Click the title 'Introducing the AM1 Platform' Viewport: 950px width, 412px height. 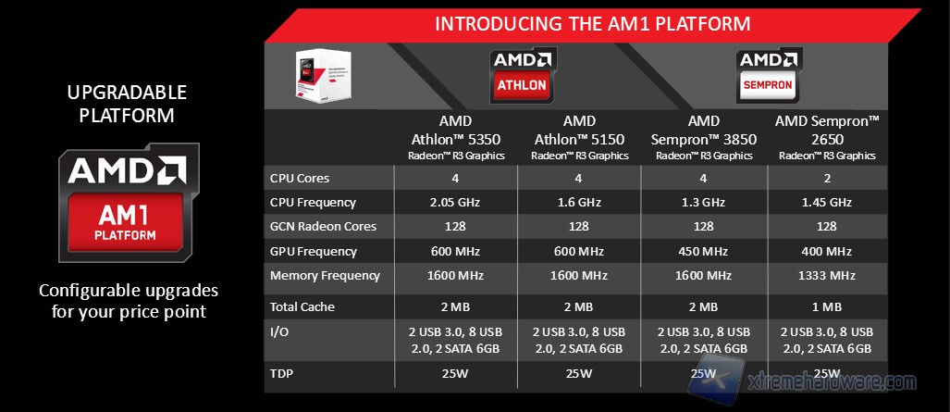pyautogui.click(x=593, y=24)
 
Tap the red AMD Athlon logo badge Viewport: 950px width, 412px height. pyautogui.click(x=523, y=75)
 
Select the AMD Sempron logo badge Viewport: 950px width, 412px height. pyautogui.click(x=769, y=75)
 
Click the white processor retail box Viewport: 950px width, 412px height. pyautogui.click(x=323, y=75)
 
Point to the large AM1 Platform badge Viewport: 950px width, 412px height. pyautogui.click(x=129, y=203)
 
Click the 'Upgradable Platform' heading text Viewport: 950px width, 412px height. pyautogui.click(x=128, y=104)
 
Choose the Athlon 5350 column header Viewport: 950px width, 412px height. pyautogui.click(x=456, y=138)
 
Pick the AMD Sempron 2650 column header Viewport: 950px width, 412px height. pyautogui.click(x=827, y=138)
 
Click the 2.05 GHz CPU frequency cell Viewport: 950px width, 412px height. pyautogui.click(x=456, y=203)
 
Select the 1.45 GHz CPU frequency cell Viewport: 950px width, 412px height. pyautogui.click(x=827, y=203)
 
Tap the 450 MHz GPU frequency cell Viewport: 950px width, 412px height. pyautogui.click(x=703, y=251)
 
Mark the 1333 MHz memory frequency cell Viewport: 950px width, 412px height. pyautogui.click(x=827, y=276)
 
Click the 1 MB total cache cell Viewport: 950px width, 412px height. pyautogui.click(x=827, y=307)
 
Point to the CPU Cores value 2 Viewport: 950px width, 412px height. pyautogui.click(x=827, y=179)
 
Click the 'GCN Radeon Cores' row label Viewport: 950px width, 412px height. pyautogui.click(x=323, y=226)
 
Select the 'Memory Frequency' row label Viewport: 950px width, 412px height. pyautogui.click(x=325, y=276)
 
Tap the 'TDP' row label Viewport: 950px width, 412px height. pyautogui.click(x=282, y=374)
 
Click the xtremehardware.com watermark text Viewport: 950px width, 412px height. pyautogui.click(x=832, y=382)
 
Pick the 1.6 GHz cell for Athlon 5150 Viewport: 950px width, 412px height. pyautogui.click(x=579, y=203)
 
